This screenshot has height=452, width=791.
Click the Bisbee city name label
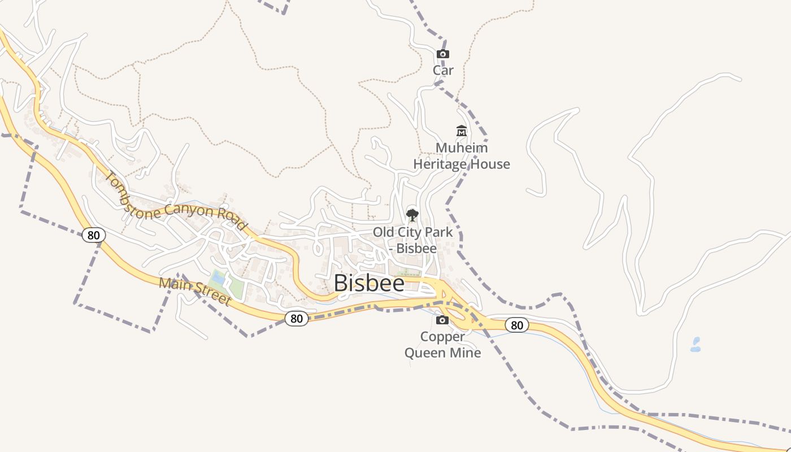(369, 283)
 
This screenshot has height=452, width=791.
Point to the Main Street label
(195, 291)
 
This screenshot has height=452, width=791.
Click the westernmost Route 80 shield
(93, 234)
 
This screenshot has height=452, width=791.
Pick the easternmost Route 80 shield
(516, 325)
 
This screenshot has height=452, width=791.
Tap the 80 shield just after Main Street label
(297, 319)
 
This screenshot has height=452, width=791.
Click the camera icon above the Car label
(443, 54)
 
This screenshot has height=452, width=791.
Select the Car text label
(443, 71)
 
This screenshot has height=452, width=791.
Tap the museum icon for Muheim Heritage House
(462, 131)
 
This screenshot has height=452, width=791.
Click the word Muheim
(461, 148)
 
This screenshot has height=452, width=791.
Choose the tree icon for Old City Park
(412, 215)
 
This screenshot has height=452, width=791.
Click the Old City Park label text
(412, 232)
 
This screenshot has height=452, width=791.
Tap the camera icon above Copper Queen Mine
(442, 320)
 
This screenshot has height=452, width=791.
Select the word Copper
(442, 337)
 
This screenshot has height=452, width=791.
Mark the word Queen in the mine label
(424, 353)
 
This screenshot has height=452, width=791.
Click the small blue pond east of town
(696, 345)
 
